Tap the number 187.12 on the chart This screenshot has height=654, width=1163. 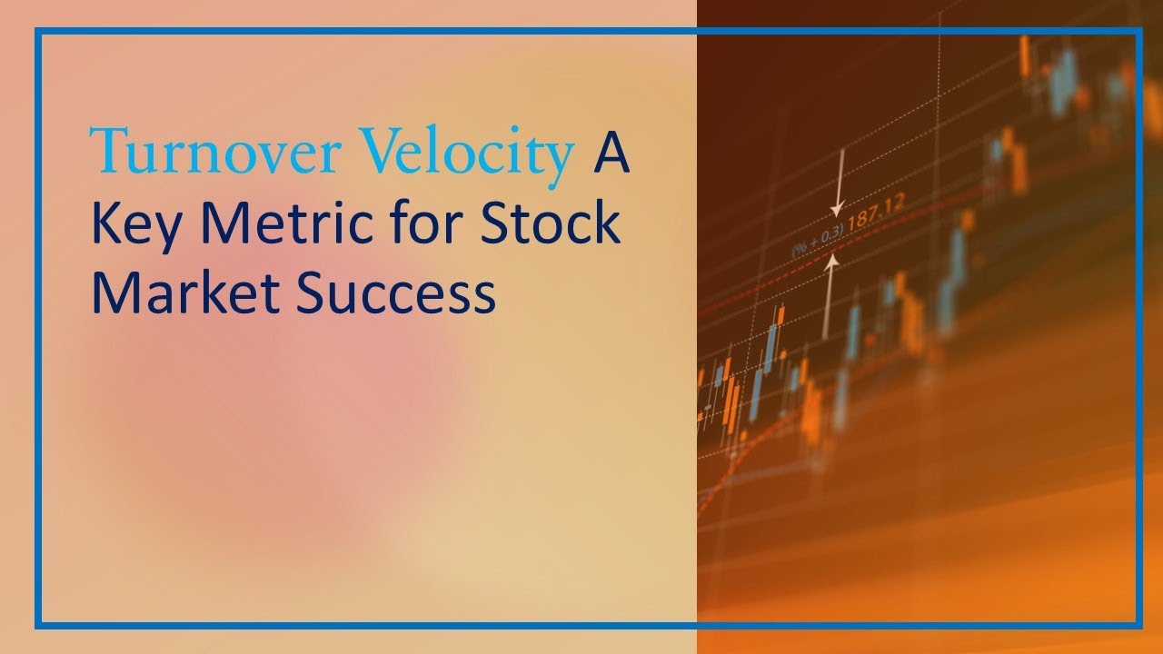(x=876, y=214)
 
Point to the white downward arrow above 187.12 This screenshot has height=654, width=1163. (x=840, y=182)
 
